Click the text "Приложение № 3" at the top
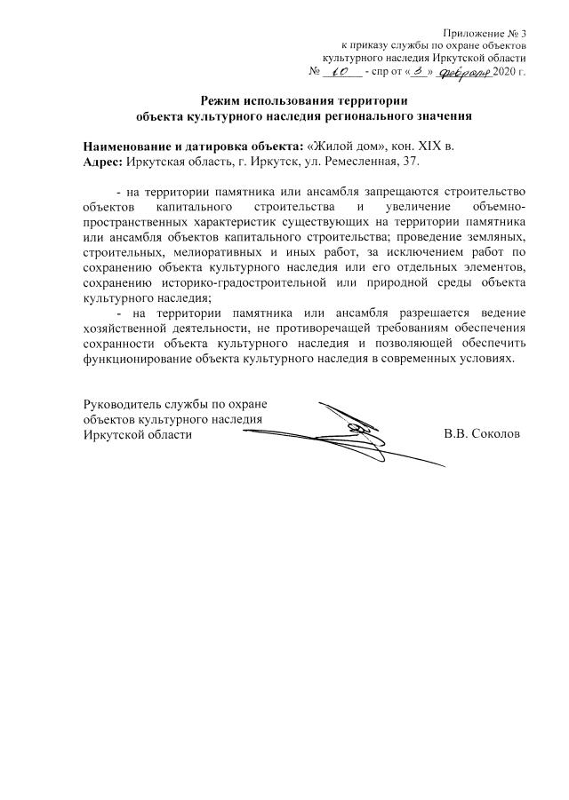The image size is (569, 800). pos(486,32)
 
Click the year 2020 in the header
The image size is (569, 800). pos(505,71)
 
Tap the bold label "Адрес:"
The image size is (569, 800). pos(103,162)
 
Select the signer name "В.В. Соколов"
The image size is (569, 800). pos(482,434)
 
